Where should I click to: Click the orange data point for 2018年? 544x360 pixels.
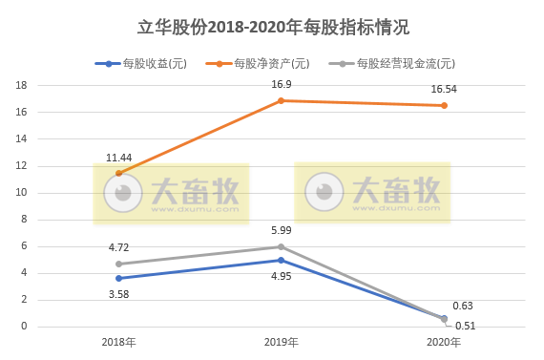(118, 173)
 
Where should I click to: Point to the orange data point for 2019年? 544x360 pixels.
(281, 100)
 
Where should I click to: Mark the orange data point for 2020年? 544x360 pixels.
(444, 105)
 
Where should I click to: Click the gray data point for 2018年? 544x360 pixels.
(118, 264)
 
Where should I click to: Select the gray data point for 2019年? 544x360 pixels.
(281, 246)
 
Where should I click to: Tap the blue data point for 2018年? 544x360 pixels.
(118, 279)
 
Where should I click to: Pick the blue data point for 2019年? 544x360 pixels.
(281, 260)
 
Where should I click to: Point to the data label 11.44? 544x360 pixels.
(119, 156)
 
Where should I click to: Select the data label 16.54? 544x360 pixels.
(444, 89)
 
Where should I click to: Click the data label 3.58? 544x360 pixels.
(119, 294)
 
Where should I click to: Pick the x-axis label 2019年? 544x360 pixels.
(281, 341)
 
